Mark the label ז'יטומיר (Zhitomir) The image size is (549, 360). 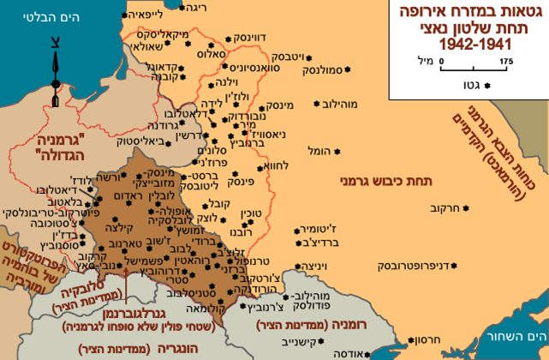click(x=319, y=230)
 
